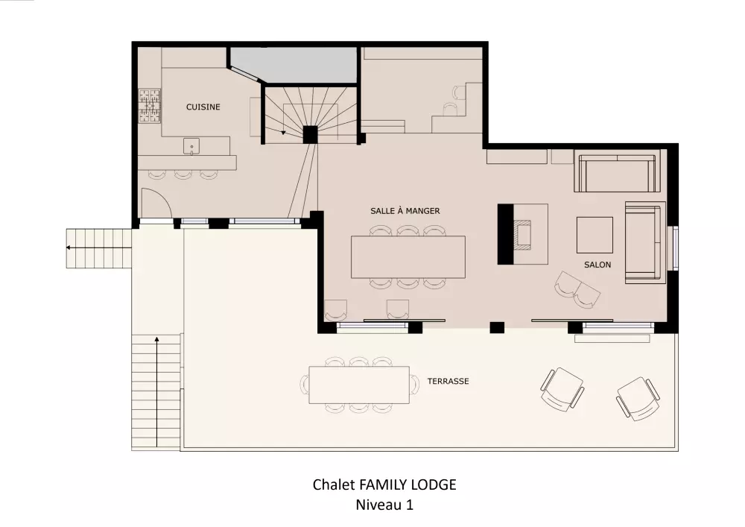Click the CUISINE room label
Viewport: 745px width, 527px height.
tap(203, 107)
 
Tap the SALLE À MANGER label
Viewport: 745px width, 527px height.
tap(405, 210)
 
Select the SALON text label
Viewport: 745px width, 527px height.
tap(597, 265)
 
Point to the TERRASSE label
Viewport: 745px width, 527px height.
tap(448, 381)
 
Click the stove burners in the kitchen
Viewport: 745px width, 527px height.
tap(150, 106)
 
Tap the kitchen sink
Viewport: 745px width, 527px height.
tap(191, 146)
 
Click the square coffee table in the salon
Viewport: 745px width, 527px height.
tap(595, 236)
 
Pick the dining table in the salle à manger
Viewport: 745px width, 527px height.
tap(408, 257)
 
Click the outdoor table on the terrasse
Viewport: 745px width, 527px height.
tap(359, 385)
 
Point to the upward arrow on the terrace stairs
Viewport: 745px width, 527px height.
tap(156, 391)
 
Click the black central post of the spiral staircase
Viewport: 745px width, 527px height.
tap(310, 134)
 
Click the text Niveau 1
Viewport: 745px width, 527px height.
tap(384, 505)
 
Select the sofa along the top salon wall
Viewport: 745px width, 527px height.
tap(617, 171)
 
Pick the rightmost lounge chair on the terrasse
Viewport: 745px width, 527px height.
tap(638, 399)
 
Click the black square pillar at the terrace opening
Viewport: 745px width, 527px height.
tap(497, 327)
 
